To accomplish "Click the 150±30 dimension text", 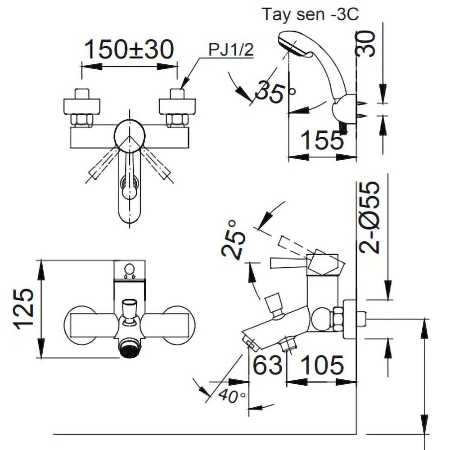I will [x=129, y=50].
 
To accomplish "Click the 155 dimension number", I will [x=322, y=141].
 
